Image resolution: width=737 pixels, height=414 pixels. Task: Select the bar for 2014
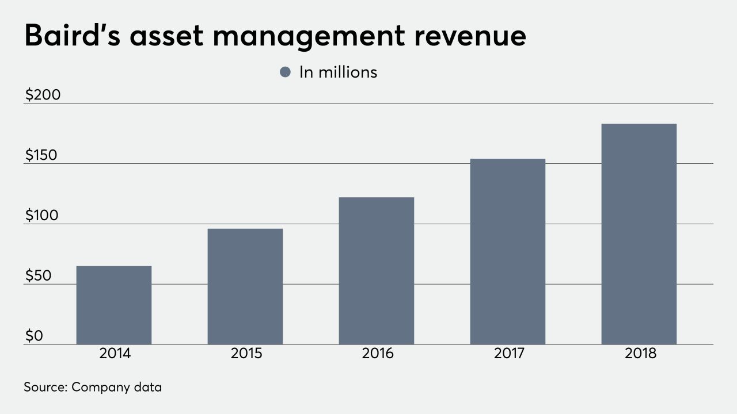[114, 305]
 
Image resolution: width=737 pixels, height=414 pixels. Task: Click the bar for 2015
[245, 286]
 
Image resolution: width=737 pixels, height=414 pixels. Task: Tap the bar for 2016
[377, 271]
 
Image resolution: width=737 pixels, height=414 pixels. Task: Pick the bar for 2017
[508, 251]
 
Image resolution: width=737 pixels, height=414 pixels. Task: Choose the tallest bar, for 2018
[639, 234]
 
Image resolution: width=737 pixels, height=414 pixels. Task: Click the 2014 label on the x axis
[115, 354]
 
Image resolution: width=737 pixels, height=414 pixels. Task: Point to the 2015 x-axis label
[246, 354]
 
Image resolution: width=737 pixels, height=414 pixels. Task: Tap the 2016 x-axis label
[377, 354]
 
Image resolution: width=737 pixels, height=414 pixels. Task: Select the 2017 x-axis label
[509, 354]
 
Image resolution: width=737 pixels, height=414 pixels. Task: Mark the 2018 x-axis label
[640, 354]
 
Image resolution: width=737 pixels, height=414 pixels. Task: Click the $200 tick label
[43, 95]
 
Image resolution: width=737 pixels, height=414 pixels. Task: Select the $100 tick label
[42, 216]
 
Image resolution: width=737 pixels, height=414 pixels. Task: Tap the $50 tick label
[38, 276]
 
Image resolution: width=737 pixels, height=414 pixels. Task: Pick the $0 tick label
[34, 336]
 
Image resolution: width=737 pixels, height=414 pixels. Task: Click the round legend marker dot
[285, 72]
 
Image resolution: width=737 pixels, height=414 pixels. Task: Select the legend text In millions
[338, 72]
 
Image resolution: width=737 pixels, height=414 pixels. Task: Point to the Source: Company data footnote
[93, 387]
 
